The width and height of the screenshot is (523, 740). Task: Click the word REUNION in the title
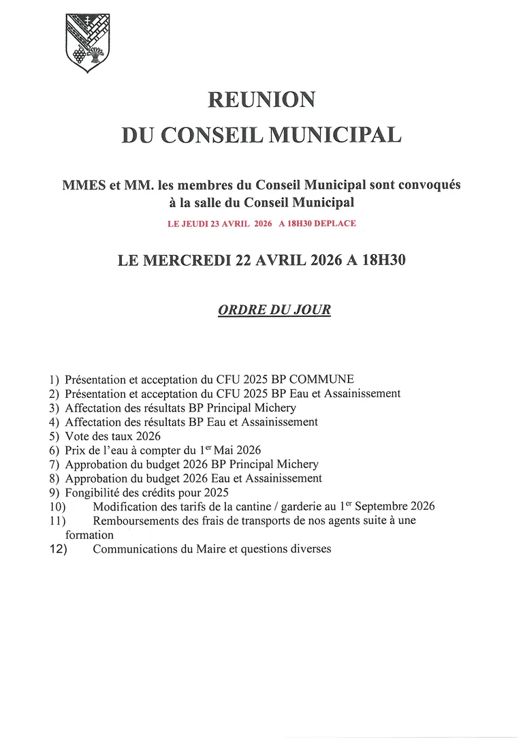click(x=261, y=100)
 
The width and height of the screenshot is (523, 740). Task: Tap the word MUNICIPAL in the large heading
click(x=336, y=134)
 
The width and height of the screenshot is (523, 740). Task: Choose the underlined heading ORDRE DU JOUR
click(x=274, y=310)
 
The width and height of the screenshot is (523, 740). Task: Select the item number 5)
click(x=54, y=436)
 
